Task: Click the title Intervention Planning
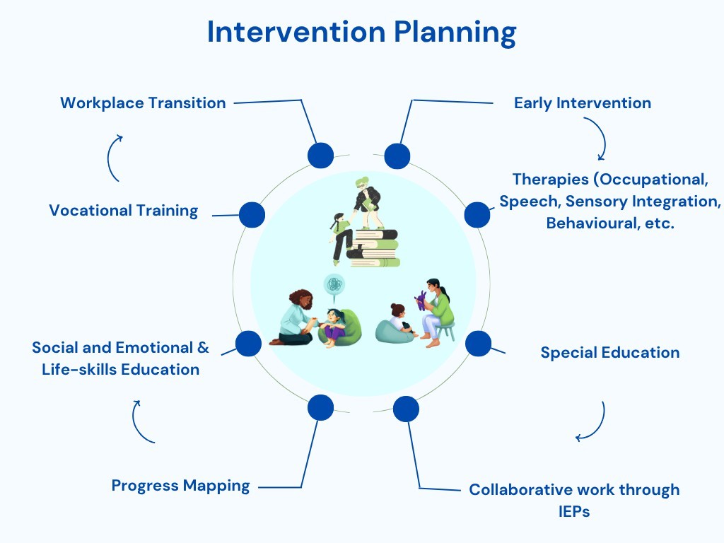(x=361, y=33)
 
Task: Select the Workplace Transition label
(x=143, y=103)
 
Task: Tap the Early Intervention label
(x=582, y=103)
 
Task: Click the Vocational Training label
(x=124, y=210)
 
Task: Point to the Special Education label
(x=609, y=352)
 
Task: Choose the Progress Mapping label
(x=180, y=485)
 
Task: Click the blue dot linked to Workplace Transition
(x=320, y=155)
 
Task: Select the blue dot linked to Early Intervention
(x=397, y=156)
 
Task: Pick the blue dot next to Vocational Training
(x=252, y=214)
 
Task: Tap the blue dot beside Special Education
(x=479, y=343)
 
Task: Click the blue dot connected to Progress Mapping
(x=320, y=407)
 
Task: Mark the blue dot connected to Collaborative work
(x=406, y=409)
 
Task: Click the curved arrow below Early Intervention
(x=595, y=139)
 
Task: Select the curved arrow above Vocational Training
(x=114, y=158)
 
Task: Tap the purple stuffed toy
(x=421, y=300)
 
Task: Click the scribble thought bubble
(x=334, y=286)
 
